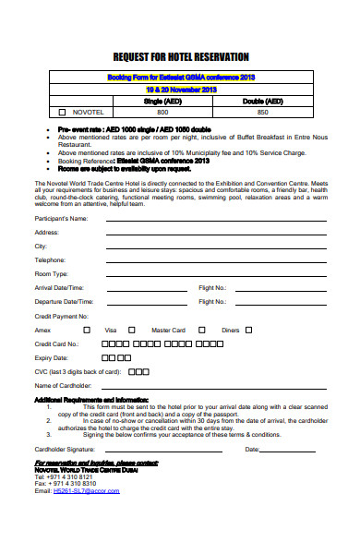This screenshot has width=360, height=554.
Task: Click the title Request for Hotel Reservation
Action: pyautogui.click(x=181, y=57)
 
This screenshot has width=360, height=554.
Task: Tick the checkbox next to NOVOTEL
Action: pyautogui.click(x=63, y=111)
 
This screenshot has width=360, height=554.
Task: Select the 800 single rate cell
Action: pyautogui.click(x=162, y=111)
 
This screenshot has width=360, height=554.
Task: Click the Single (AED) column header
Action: pyautogui.click(x=162, y=100)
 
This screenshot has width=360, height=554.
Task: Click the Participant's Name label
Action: pyautogui.click(x=61, y=219)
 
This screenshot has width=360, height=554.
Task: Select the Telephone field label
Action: pyautogui.click(x=51, y=260)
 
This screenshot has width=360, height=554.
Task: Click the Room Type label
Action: pyautogui.click(x=52, y=274)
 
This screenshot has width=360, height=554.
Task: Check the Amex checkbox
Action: pyautogui.click(x=87, y=329)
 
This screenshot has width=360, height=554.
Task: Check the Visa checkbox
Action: pyautogui.click(x=132, y=329)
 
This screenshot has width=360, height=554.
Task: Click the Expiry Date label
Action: pyautogui.click(x=52, y=356)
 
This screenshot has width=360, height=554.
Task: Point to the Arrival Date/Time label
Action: pyautogui.click(x=64, y=288)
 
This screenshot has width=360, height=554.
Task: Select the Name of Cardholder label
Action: pyautogui.click(x=64, y=385)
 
